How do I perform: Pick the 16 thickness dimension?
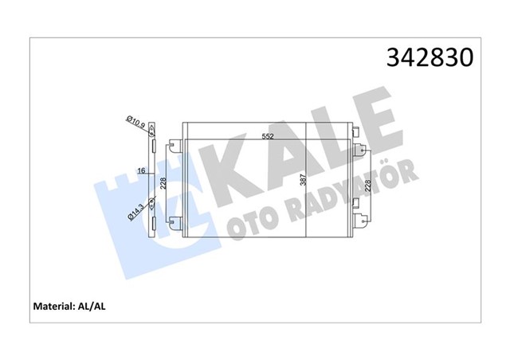pos(141,170)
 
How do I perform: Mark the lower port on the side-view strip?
pos(152,202)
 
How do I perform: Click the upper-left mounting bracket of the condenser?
pos(173,146)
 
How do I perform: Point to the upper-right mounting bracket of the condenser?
pos(359,147)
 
